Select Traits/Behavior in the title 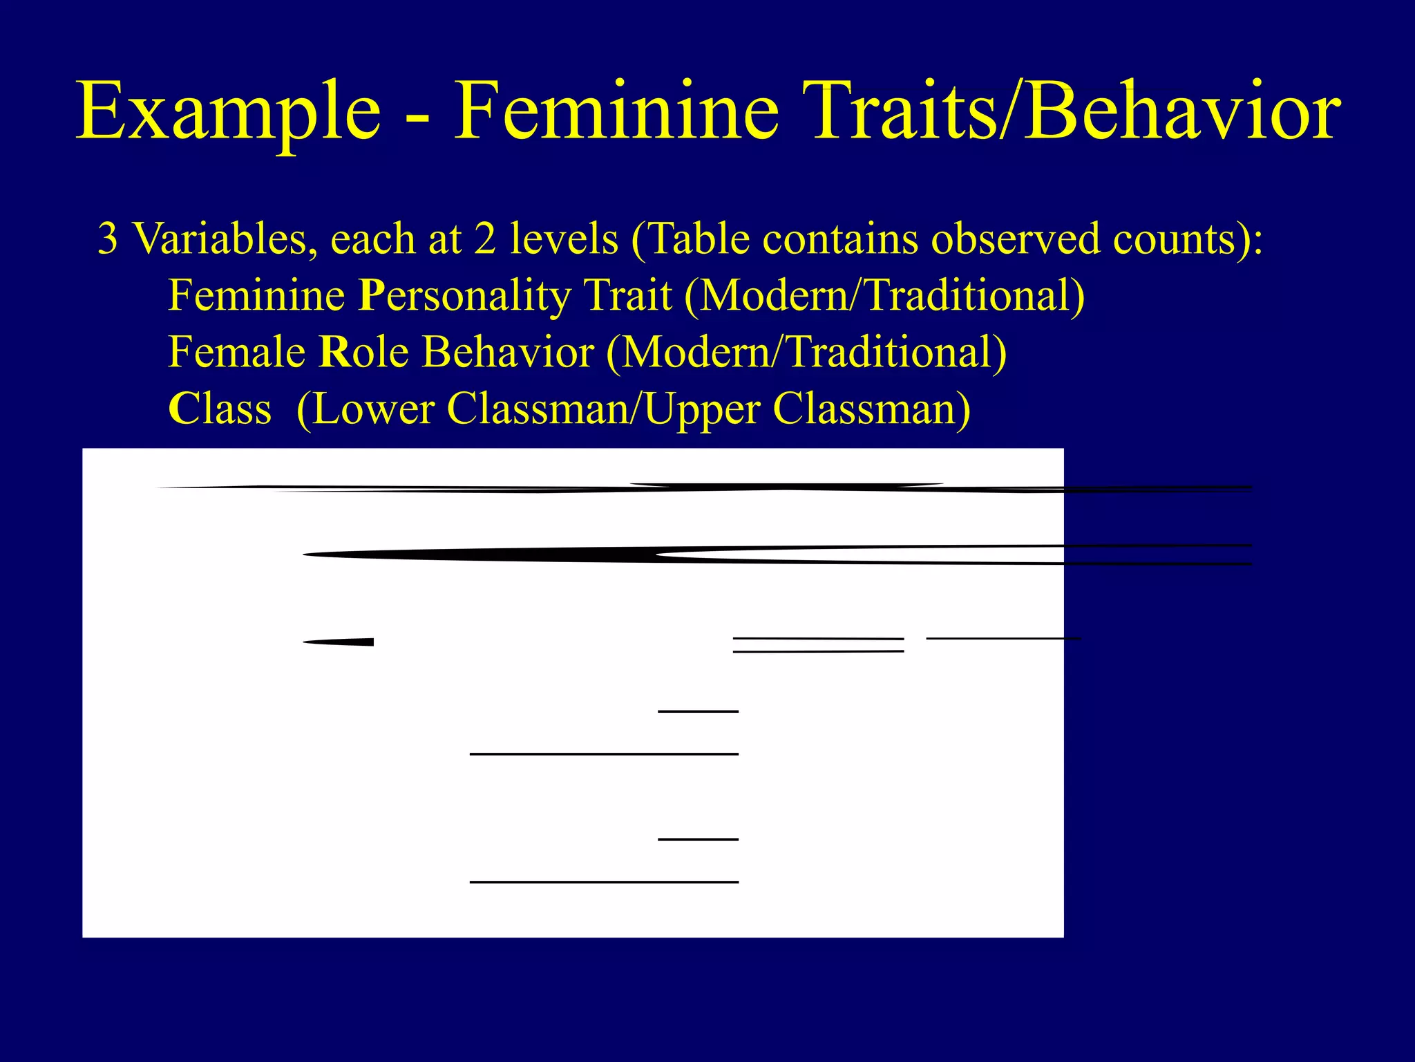point(1075,111)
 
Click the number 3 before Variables point(108,239)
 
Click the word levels point(564,239)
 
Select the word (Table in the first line point(680,239)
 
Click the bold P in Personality point(371,296)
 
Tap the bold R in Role point(334,353)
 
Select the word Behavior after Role point(508,353)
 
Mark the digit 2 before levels point(485,239)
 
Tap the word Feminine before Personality point(256,296)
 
